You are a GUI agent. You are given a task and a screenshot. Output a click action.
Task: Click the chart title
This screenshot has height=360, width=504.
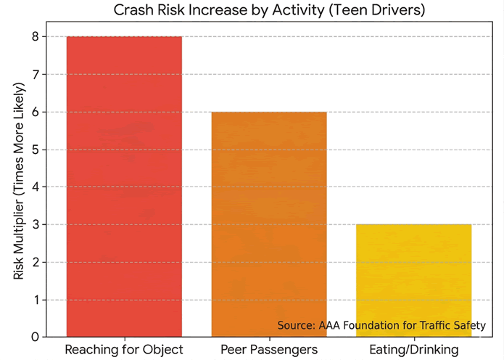[x=269, y=11]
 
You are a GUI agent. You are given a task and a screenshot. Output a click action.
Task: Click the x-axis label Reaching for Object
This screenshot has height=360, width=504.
[x=124, y=350]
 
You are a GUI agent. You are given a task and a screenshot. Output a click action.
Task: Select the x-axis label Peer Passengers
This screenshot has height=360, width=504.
[x=269, y=350]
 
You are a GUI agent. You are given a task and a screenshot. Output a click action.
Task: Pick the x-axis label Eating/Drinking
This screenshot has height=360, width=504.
[x=414, y=350]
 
